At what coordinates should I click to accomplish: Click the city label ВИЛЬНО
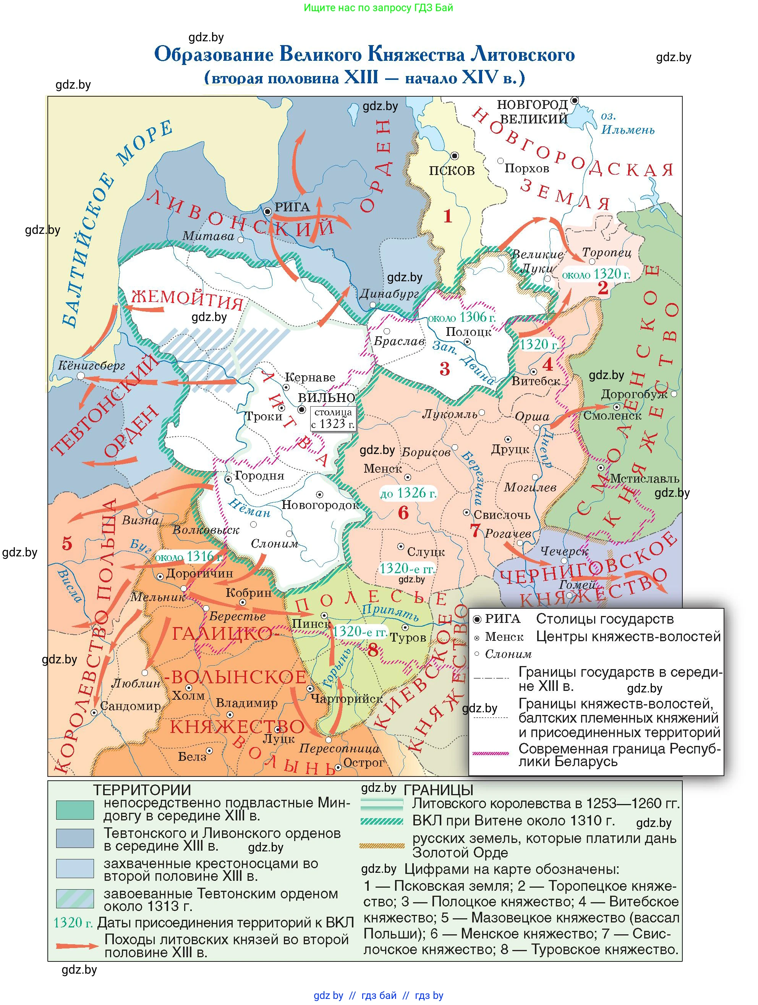pos(327,397)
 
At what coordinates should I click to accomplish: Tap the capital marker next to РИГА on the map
pos(267,211)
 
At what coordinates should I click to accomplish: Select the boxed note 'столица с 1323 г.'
pos(333,418)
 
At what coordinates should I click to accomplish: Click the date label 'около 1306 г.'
pos(462,317)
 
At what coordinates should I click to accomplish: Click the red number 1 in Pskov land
pos(448,216)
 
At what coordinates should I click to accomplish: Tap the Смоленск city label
pos(612,415)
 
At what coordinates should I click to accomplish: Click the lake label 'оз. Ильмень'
pos(627,123)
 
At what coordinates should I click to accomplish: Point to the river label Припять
pos(390,612)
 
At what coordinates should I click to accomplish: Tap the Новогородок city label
pos(320,505)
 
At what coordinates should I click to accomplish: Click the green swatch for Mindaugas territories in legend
pos(75,810)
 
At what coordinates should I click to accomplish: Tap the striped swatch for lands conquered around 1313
pos(75,898)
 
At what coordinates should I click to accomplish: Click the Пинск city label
pos(311,624)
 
